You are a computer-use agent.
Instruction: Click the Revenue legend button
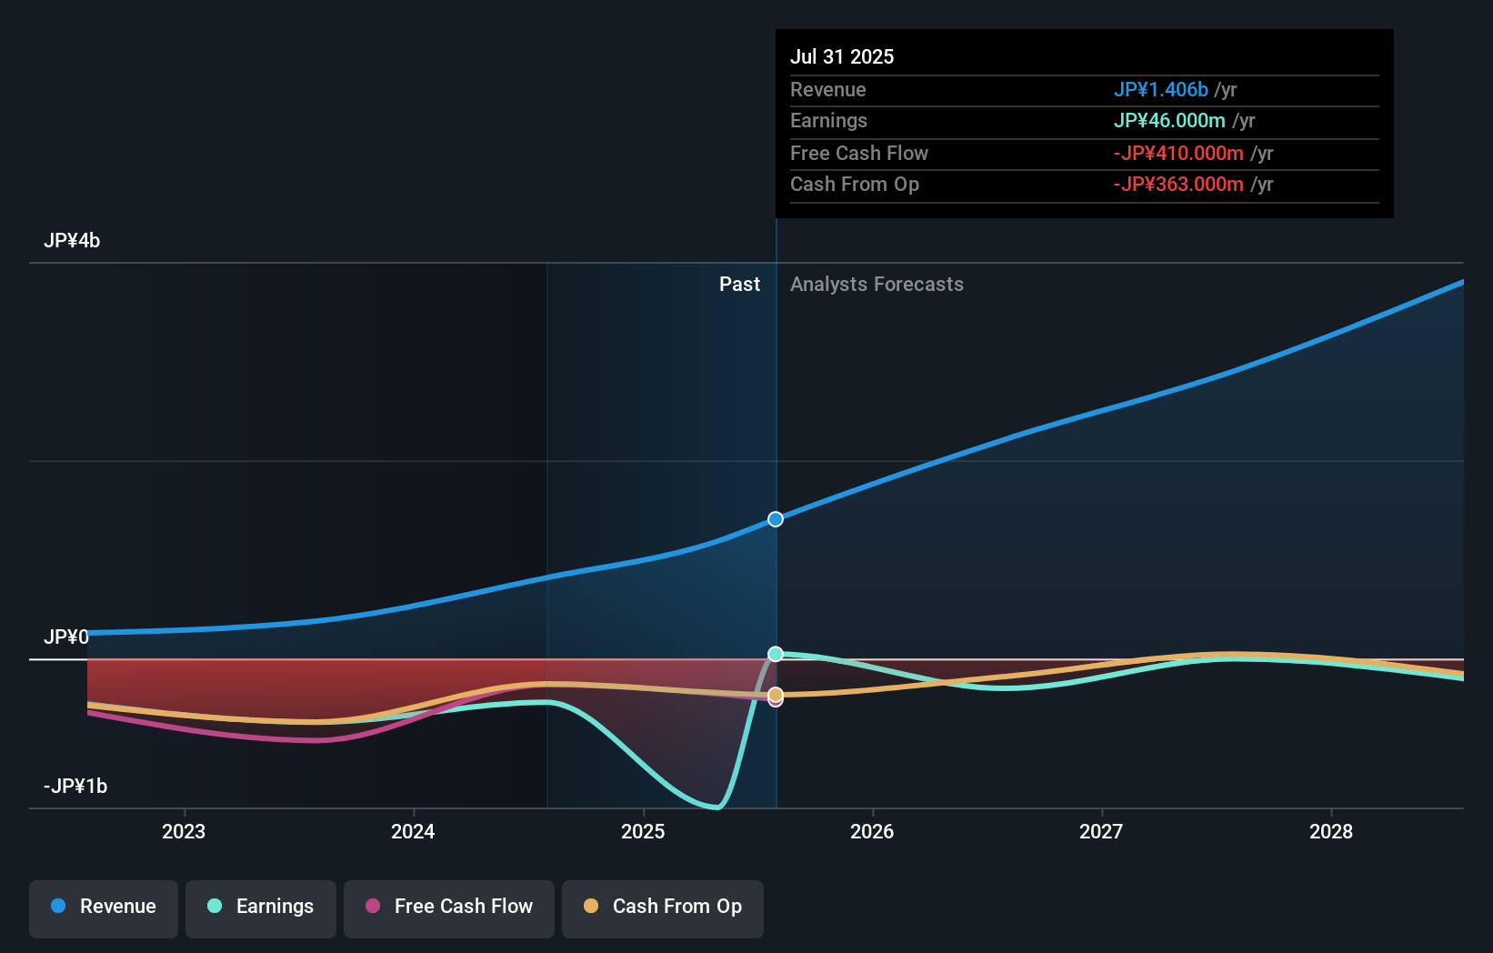tap(104, 908)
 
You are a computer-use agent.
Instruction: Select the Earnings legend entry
tap(261, 908)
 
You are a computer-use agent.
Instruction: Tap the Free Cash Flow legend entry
tap(449, 908)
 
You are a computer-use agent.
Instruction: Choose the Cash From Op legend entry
tap(663, 908)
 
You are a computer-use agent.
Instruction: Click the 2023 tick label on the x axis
tap(184, 831)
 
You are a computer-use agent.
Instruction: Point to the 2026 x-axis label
tap(872, 831)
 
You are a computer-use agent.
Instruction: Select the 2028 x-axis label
tap(1330, 831)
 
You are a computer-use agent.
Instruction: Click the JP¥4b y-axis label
tap(72, 241)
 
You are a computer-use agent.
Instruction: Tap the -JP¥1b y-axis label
tap(75, 786)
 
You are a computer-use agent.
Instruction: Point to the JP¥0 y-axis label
tap(66, 637)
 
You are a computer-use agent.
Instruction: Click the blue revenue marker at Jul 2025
tap(776, 519)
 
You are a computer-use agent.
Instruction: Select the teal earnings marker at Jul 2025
tap(776, 654)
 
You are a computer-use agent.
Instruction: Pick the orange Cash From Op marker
tap(776, 695)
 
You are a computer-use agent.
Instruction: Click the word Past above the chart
tap(739, 285)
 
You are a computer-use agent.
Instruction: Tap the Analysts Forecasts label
tap(877, 285)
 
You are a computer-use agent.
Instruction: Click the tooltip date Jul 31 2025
tap(842, 56)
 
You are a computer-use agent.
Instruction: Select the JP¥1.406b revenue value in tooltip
tap(1160, 90)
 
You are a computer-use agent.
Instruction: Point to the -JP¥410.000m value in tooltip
tap(1178, 154)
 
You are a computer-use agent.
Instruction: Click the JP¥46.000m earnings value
tap(1169, 121)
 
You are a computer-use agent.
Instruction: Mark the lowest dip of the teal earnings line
tap(716, 807)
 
